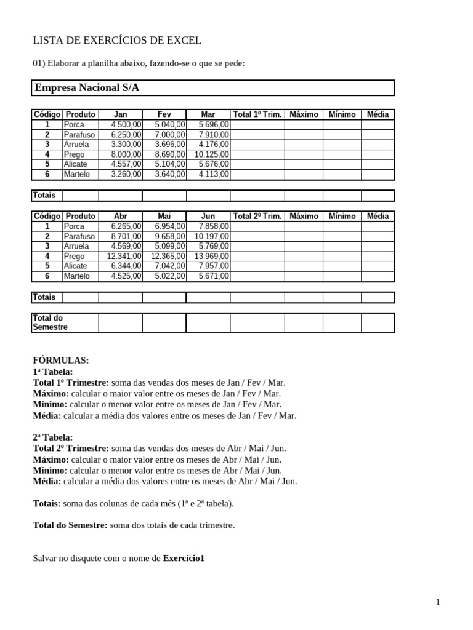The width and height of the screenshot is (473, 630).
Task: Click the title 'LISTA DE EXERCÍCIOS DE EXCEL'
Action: click(x=117, y=41)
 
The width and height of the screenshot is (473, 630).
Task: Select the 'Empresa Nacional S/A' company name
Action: click(x=87, y=88)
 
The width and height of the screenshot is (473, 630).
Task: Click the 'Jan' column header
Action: click(x=120, y=114)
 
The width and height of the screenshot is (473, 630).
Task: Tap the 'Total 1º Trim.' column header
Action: click(x=257, y=114)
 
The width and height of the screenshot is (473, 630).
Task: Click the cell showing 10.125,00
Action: click(x=212, y=154)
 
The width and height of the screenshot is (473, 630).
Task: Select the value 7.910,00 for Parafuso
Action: click(x=214, y=134)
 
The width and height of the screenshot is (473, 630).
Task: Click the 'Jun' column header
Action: click(x=208, y=217)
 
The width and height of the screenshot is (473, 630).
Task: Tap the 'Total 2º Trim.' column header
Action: click(x=257, y=217)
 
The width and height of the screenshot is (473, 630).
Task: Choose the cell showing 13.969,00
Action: click(x=212, y=256)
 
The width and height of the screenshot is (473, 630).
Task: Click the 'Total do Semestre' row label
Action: click(x=50, y=322)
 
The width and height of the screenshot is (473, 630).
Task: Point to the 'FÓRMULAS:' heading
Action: click(x=60, y=361)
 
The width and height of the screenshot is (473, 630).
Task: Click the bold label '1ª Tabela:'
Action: click(x=52, y=372)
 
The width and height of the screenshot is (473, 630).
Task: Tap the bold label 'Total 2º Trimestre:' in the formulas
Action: click(x=70, y=449)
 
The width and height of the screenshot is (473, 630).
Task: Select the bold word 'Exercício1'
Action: click(x=183, y=559)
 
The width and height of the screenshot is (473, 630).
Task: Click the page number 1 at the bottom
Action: click(x=438, y=603)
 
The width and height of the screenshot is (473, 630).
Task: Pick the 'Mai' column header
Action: click(x=164, y=217)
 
